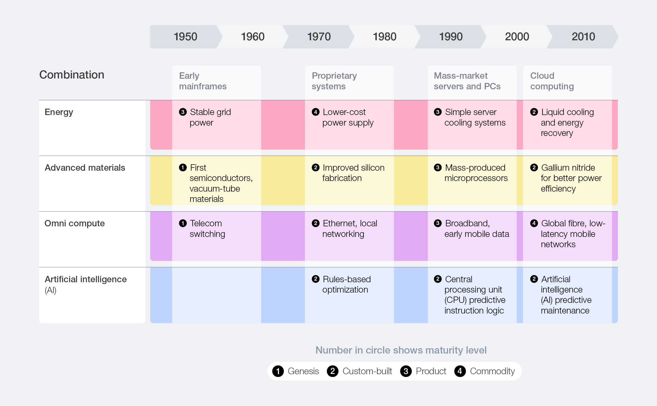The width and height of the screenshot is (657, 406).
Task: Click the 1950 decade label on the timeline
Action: coord(185,37)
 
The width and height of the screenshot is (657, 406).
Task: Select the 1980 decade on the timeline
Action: coord(384,37)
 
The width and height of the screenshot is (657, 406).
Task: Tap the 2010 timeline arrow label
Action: coord(583,37)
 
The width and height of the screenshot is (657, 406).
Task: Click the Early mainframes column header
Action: coord(203,81)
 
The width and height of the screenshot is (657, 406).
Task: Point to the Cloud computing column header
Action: coord(552,81)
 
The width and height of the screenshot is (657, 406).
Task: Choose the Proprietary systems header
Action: coord(334,81)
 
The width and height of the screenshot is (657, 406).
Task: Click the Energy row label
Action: coord(59,112)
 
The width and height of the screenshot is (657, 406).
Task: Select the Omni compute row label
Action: coord(74,223)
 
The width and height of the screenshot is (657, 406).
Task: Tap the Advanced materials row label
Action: coord(85,167)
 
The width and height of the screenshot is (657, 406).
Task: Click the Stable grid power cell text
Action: coord(210,117)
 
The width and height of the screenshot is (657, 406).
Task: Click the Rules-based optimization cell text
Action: coord(346,284)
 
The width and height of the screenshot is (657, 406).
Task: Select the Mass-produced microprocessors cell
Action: coord(476,173)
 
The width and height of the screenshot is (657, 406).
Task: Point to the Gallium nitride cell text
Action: coord(571,178)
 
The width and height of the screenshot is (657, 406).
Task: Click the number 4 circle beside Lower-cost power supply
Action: coord(316,112)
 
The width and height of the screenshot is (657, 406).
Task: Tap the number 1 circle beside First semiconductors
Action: coord(183,167)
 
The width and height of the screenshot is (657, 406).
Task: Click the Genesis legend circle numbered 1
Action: coord(278,371)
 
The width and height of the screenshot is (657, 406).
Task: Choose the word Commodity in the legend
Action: coord(492,371)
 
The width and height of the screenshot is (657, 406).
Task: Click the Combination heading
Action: coord(72,75)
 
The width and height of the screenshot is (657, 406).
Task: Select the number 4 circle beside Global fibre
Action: coord(534,223)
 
